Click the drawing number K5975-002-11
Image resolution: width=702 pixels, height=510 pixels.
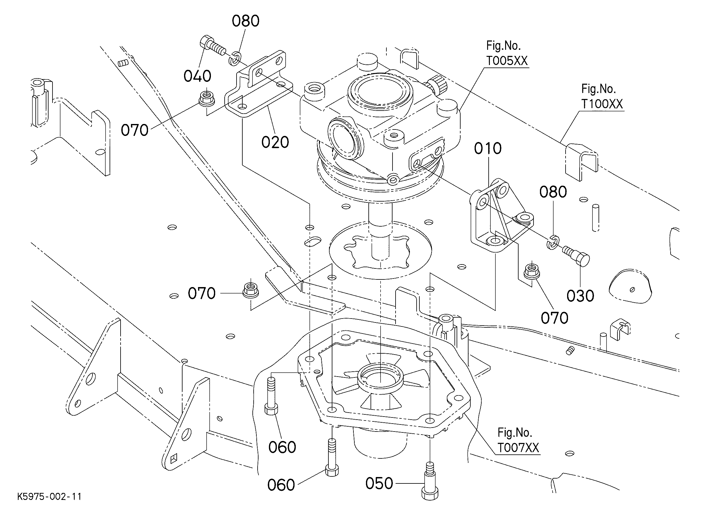[x=49, y=497]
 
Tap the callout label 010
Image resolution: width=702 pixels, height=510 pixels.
[x=488, y=149]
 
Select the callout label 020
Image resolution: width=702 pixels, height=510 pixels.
[x=275, y=142]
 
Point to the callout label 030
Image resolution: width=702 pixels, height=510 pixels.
[x=580, y=296]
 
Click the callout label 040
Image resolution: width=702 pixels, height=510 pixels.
[x=197, y=76]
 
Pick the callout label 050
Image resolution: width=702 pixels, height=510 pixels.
[x=379, y=483]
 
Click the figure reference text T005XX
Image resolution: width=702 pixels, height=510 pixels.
[x=507, y=61]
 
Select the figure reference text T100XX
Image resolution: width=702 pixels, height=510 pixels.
[x=602, y=104]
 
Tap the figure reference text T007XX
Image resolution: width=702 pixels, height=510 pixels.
[x=518, y=447]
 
